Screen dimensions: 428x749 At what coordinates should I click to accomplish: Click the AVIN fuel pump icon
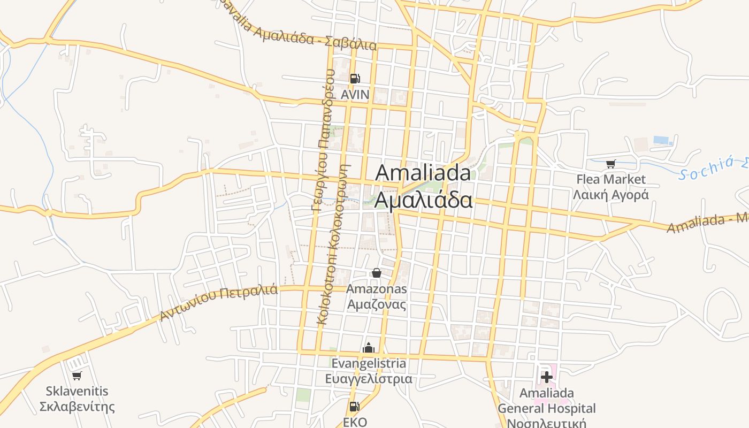click(354, 79)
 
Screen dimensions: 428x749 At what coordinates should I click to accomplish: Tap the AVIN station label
click(355, 95)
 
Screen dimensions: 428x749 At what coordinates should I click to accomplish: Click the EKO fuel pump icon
click(354, 407)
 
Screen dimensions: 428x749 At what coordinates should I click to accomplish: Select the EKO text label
click(355, 422)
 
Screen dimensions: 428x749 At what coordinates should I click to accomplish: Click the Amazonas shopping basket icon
click(376, 273)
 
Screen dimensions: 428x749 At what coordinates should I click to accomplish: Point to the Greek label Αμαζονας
click(376, 304)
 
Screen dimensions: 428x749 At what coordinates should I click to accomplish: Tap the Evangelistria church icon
click(368, 348)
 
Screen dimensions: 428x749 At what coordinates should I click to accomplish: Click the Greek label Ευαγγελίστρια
click(369, 379)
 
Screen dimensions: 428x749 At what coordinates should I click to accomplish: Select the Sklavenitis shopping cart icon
click(77, 376)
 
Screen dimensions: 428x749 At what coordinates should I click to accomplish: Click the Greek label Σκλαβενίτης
click(77, 407)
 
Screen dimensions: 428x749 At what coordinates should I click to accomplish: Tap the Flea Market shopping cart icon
click(610, 164)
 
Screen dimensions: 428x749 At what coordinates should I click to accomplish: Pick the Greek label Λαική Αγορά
click(610, 194)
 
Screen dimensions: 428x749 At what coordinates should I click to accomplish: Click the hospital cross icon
click(546, 377)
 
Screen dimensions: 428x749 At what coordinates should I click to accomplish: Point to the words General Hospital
click(546, 408)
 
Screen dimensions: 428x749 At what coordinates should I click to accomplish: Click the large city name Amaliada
click(423, 173)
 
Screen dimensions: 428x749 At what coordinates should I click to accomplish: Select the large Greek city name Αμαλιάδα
click(423, 200)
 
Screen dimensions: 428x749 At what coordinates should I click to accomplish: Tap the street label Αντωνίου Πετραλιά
click(219, 302)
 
